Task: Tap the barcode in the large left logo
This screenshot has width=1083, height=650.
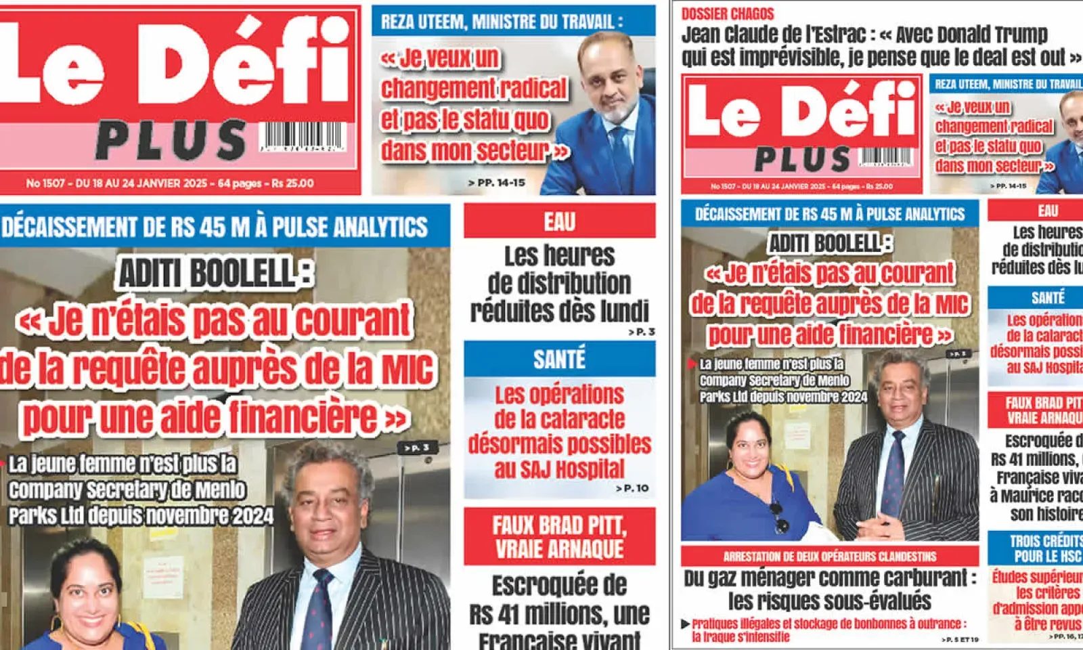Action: [302, 136]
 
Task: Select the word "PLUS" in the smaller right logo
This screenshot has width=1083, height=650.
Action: [802, 160]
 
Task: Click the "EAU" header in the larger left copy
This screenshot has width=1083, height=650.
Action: [559, 221]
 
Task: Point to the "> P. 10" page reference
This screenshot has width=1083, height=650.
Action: [633, 488]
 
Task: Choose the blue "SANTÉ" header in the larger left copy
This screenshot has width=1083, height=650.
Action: [559, 360]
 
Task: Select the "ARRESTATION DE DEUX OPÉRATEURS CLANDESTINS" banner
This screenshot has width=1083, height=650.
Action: [830, 557]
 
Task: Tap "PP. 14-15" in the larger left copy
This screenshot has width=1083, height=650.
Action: [500, 183]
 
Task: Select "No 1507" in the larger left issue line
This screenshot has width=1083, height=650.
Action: [45, 183]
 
